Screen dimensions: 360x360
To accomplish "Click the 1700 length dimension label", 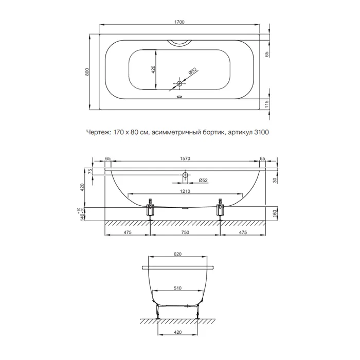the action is pos(179,22).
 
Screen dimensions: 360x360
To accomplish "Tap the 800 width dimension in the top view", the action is pos(87,72).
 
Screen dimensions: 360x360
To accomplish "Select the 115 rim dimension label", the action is pos(266,104).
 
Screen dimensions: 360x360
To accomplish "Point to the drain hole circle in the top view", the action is pos(179,83).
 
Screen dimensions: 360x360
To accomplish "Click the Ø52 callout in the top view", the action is pos(193,71).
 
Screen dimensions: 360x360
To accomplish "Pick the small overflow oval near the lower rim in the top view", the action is pos(179,97).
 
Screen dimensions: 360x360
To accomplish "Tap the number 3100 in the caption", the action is pos(261,132).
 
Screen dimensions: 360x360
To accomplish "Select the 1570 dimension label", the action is pos(185,158).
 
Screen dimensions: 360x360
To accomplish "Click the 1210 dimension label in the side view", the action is pos(185,191).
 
